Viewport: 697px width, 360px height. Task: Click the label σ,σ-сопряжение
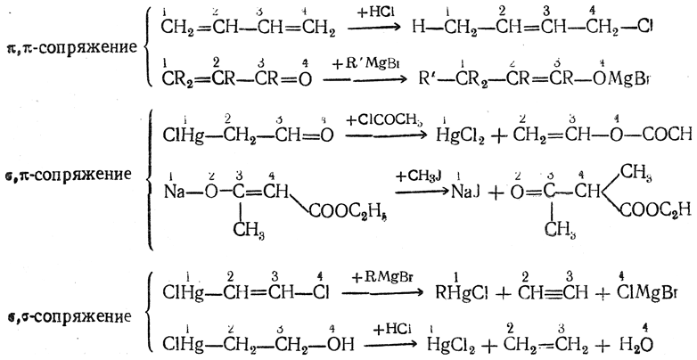pyautogui.click(x=65, y=316)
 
